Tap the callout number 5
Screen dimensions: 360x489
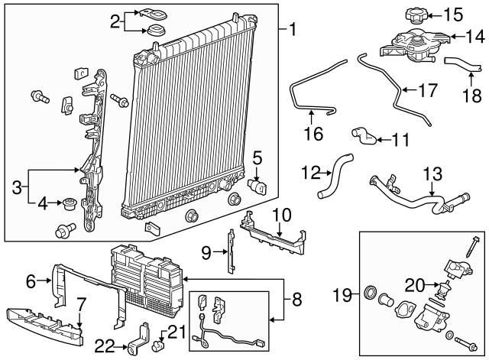[257, 158]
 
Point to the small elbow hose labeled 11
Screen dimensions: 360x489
[364, 136]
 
